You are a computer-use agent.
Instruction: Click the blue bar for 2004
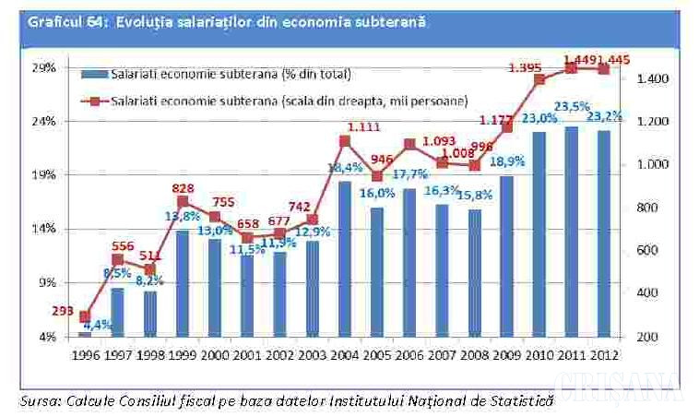344,258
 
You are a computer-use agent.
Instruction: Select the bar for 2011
572,231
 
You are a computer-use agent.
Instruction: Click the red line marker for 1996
85,316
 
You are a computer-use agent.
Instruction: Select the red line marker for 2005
377,176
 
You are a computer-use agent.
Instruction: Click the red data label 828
182,188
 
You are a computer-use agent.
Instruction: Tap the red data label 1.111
356,126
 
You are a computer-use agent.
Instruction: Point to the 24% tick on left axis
44,121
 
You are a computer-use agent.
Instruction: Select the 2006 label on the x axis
409,353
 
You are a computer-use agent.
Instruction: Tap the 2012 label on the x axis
605,353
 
